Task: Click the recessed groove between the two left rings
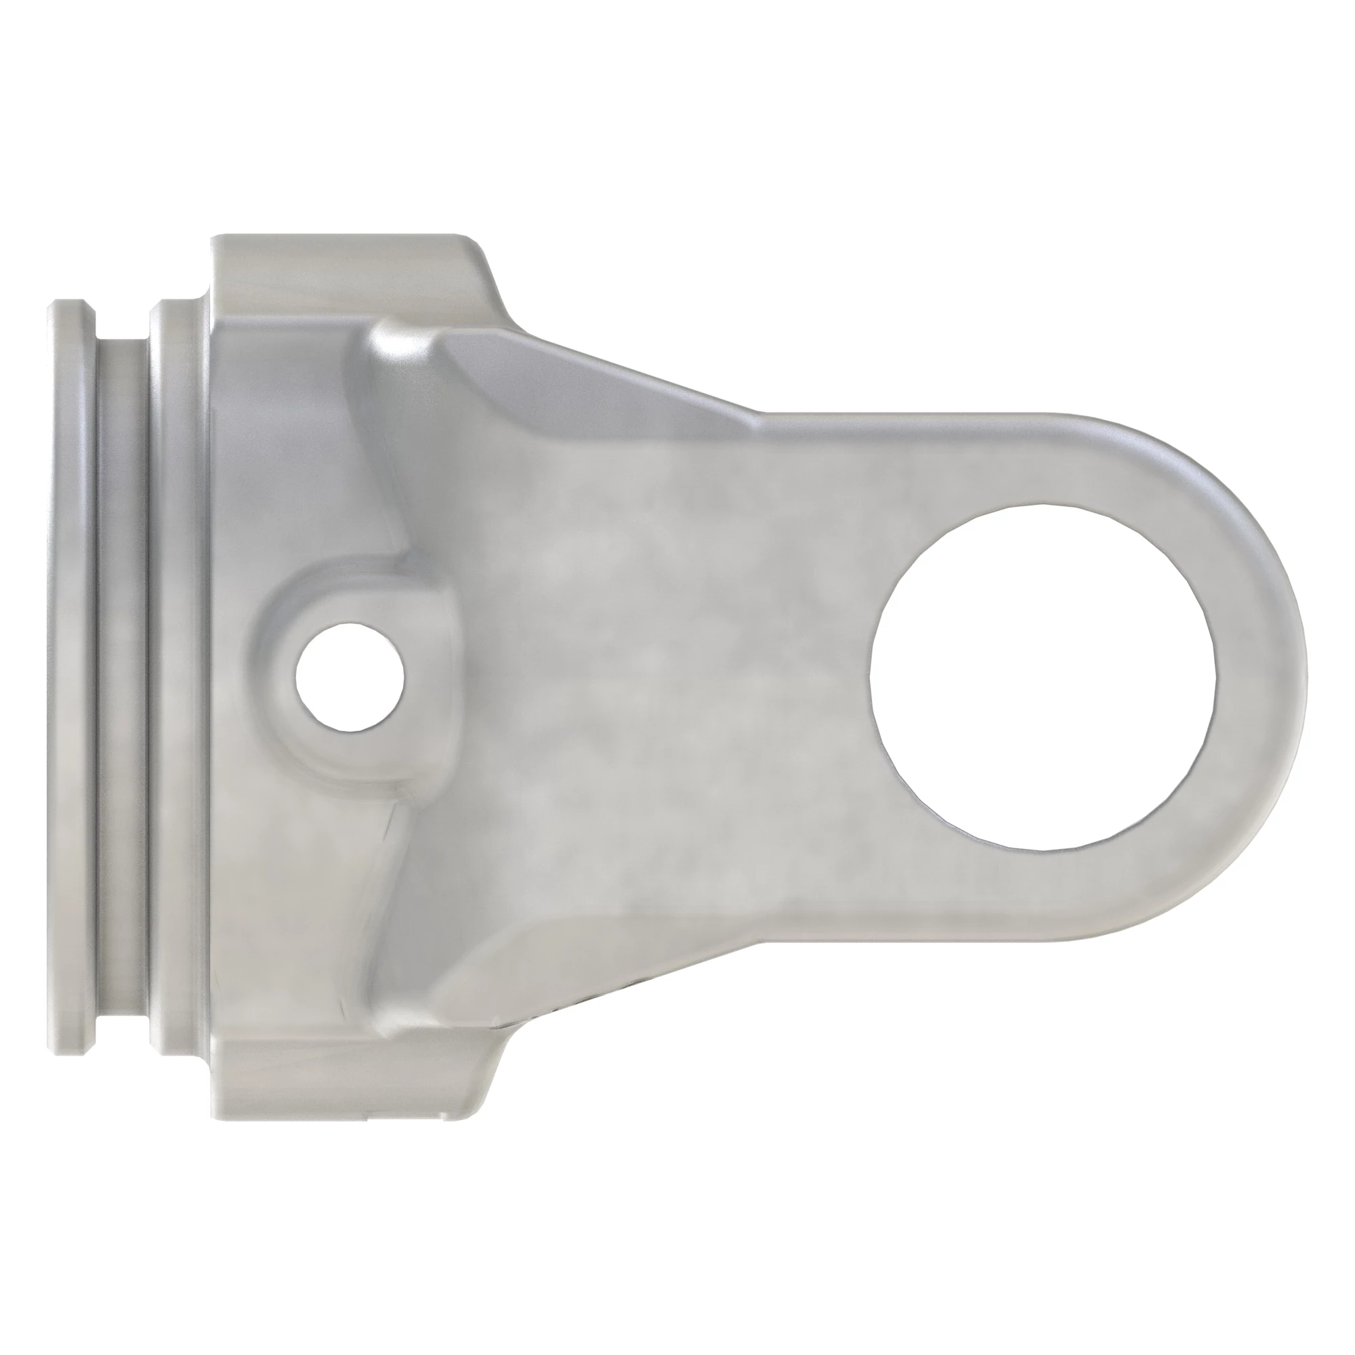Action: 121,673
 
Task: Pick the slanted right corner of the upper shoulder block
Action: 491,280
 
